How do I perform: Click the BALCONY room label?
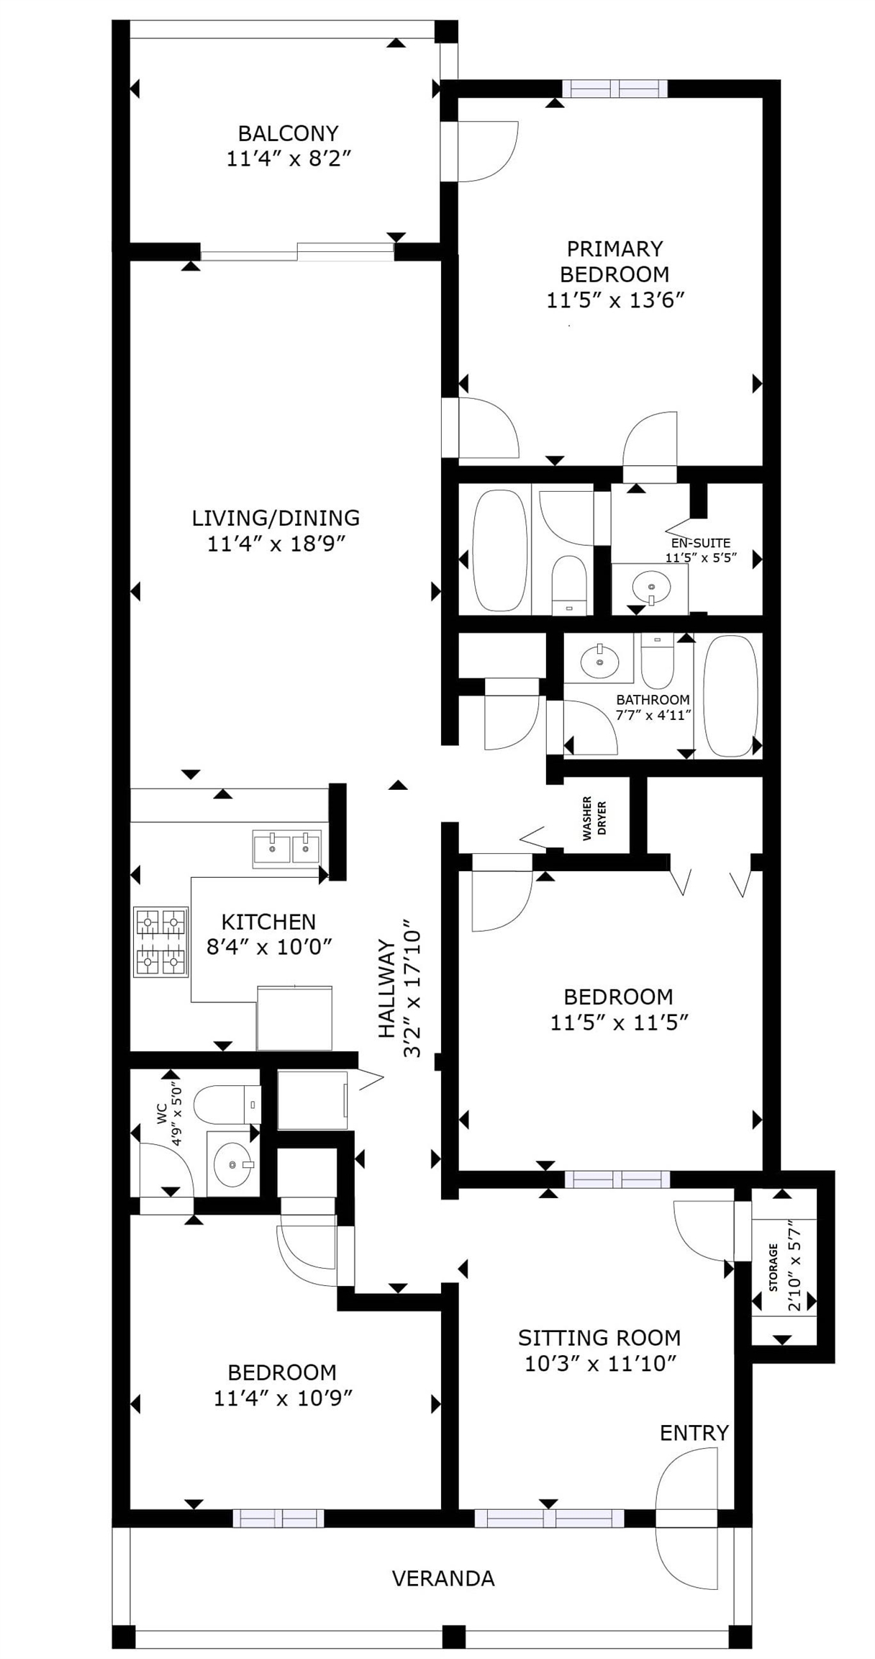[x=288, y=133]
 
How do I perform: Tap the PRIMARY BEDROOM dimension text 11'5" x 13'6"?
[x=614, y=300]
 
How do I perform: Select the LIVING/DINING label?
[x=276, y=518]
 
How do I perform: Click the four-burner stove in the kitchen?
[x=160, y=942]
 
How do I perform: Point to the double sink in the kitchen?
[x=286, y=848]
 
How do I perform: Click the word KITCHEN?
[x=268, y=922]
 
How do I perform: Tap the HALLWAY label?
[x=387, y=989]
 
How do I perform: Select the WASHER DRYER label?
[x=594, y=818]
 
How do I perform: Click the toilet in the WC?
[x=227, y=1104]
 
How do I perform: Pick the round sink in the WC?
[x=232, y=1164]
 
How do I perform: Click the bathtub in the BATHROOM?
[x=730, y=695]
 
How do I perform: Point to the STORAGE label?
[x=774, y=1267]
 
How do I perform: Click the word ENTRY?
[x=694, y=1433]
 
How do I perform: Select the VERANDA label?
[x=443, y=1578]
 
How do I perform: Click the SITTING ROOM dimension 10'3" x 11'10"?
[x=601, y=1363]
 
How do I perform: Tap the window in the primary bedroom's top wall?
[x=615, y=89]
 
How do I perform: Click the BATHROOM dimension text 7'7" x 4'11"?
[x=653, y=715]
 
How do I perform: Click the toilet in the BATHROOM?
[x=657, y=660]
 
